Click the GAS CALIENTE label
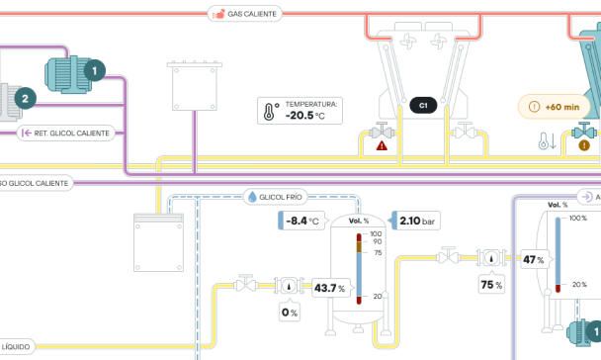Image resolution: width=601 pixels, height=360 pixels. (245, 14)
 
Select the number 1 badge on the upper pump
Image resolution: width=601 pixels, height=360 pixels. (95, 70)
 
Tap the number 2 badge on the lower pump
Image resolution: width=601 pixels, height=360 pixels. (26, 97)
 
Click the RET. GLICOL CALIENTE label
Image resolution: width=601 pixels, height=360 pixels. (72, 132)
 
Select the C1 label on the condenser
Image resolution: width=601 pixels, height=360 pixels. (423, 105)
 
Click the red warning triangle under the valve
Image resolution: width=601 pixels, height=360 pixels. (381, 145)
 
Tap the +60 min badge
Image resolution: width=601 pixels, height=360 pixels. (556, 106)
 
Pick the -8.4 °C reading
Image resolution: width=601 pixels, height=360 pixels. (300, 221)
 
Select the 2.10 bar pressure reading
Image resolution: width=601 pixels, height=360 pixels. (415, 221)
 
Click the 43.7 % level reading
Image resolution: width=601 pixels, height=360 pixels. (329, 289)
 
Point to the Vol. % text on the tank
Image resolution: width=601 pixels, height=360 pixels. (360, 221)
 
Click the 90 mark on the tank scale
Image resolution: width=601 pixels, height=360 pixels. (376, 241)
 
